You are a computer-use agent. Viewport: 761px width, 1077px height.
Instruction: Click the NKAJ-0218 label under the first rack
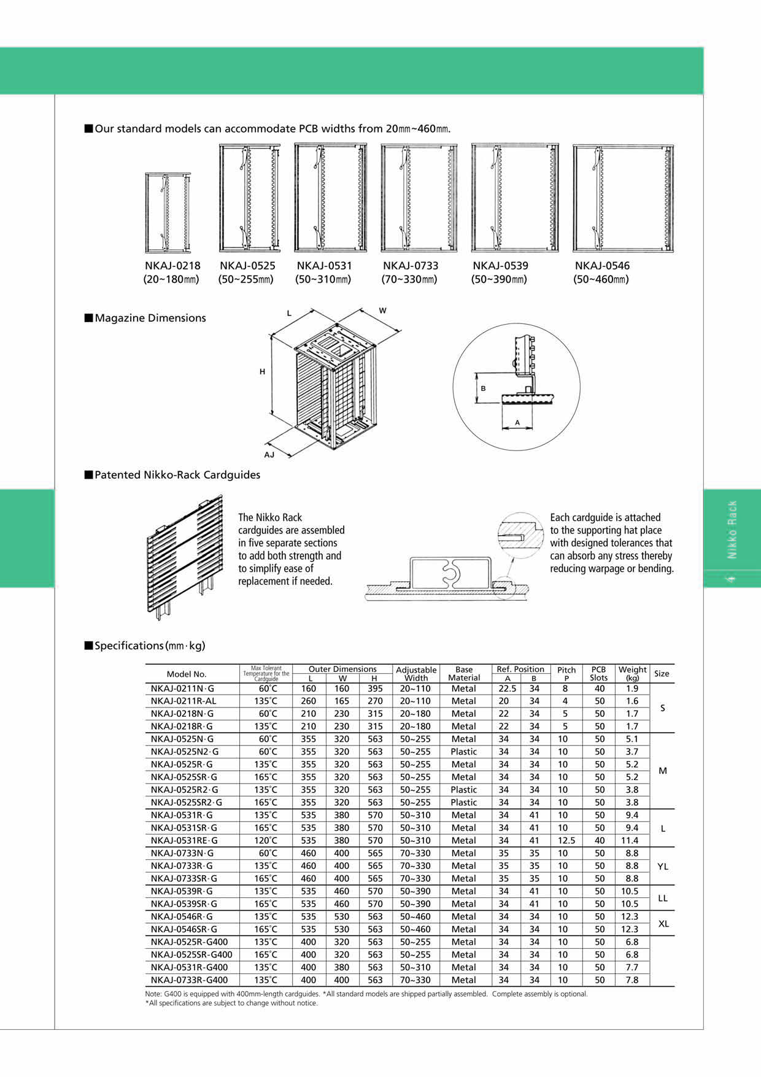coord(172,266)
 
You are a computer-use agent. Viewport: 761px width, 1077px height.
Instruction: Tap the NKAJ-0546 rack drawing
coord(622,198)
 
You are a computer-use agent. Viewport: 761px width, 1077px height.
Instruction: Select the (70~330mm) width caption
coord(410,280)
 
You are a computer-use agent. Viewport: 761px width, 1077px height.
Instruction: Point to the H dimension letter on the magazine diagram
coord(262,372)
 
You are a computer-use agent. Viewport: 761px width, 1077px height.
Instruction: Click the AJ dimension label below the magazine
coord(269,455)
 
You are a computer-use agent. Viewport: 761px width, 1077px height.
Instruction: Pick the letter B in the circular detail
coord(483,388)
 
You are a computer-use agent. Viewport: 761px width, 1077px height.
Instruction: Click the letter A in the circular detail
coord(517,423)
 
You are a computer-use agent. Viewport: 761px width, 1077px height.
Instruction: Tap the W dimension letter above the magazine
coord(382,311)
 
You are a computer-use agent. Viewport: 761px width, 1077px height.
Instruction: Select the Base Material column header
coord(464,674)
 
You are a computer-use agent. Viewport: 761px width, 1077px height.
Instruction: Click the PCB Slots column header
coord(598,674)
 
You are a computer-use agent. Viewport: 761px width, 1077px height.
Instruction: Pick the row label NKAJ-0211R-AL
coord(183,701)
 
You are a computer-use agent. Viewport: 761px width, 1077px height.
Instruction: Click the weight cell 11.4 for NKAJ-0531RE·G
coord(630,841)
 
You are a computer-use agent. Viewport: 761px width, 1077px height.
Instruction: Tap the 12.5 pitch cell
coord(565,841)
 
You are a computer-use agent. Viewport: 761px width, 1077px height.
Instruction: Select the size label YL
coord(662,867)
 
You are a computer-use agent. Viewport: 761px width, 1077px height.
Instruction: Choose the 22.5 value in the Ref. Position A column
coord(507,689)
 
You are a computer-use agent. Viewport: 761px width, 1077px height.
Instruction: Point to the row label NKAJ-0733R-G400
coord(189,980)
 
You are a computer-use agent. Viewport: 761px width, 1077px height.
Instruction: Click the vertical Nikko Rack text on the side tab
coord(732,530)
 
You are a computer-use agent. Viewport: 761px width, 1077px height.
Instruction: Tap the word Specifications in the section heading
coord(129,646)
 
